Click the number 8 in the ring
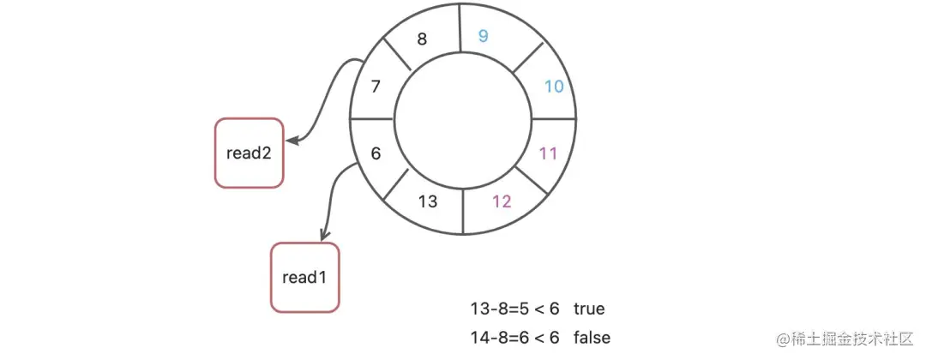421,39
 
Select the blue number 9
483,36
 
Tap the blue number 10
554,86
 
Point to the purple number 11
549,153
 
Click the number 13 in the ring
428,201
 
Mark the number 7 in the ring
375,86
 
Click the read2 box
249,153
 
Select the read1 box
305,278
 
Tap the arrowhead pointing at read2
292,140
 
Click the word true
590,309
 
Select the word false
592,338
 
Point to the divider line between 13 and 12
463,212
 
